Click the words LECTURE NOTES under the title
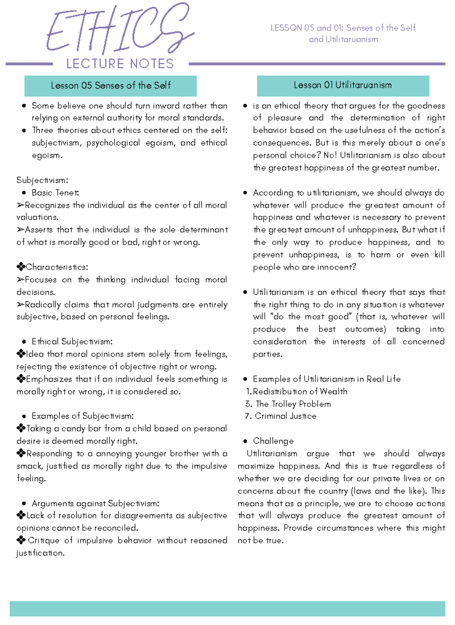[x=120, y=64]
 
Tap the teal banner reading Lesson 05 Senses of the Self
[x=110, y=86]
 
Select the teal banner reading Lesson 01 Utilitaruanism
[x=343, y=85]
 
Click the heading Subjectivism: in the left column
[x=42, y=180]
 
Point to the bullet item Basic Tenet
[x=55, y=193]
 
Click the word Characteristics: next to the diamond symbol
[x=57, y=267]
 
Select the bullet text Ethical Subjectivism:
[x=72, y=342]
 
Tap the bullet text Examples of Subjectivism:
[x=82, y=416]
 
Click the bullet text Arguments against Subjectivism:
[x=95, y=503]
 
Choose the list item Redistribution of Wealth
[x=300, y=392]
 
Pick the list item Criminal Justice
[x=286, y=416]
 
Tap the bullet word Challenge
[x=273, y=441]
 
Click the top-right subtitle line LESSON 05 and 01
[x=343, y=28]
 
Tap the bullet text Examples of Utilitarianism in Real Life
[x=326, y=379]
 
